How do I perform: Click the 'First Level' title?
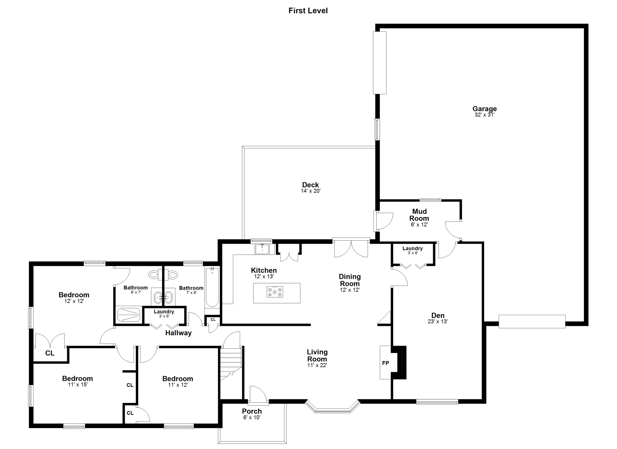coord(308,11)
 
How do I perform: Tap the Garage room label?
coord(484,109)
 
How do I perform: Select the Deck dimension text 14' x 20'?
coord(311,191)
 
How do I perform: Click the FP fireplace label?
coord(386,363)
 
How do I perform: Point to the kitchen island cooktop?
coord(275,292)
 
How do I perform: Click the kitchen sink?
coord(262,249)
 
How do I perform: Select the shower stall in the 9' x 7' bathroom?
coord(129,315)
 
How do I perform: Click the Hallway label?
coord(178,333)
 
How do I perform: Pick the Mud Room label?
coord(419,215)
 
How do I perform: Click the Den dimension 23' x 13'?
coord(438,321)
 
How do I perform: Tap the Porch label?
coord(252,411)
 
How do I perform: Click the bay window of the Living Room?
coord(333,407)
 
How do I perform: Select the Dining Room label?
coord(350,280)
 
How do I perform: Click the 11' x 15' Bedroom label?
coord(77,378)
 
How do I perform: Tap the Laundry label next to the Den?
coord(413,248)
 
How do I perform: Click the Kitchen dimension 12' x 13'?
coord(264,276)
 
